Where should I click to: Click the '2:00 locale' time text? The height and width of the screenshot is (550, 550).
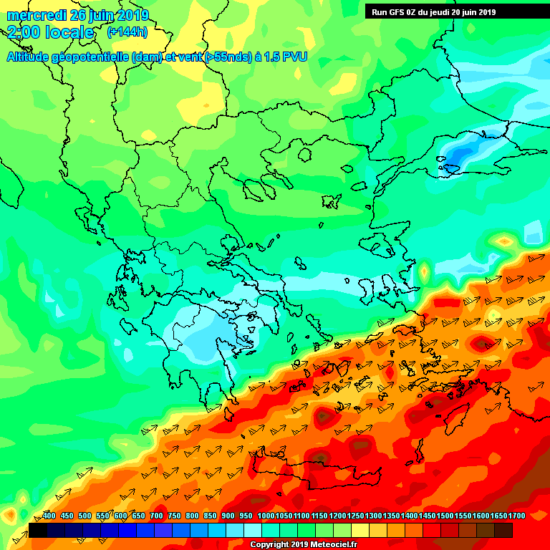[51, 33]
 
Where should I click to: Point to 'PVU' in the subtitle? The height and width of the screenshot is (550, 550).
[294, 57]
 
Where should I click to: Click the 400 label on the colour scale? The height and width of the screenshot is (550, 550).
[49, 516]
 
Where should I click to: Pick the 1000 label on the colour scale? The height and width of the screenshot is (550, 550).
[266, 516]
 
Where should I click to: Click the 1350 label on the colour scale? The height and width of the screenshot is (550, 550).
[391, 516]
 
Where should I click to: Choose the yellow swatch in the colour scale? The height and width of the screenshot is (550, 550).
[360, 530]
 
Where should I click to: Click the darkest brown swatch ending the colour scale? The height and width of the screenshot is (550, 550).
[503, 530]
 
